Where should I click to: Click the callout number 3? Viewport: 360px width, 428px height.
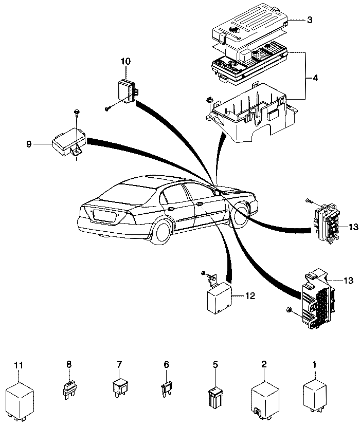tap(309, 20)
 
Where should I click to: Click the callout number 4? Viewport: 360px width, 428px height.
tap(315, 78)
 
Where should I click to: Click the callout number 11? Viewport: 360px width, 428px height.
tap(19, 365)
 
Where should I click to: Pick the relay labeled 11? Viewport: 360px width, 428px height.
tap(20, 398)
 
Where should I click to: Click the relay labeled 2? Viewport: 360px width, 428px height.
tap(264, 398)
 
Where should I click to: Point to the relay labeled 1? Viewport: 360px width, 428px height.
tap(315, 395)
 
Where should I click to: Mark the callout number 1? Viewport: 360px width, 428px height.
tap(315, 365)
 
